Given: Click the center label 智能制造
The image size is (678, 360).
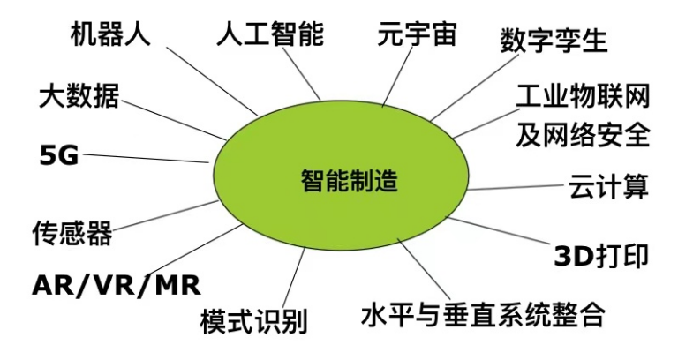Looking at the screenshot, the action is [349, 183].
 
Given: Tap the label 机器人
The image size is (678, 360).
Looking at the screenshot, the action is [111, 34].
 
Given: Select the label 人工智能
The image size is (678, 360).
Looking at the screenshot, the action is [270, 34].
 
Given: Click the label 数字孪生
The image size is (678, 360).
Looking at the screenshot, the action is [554, 40].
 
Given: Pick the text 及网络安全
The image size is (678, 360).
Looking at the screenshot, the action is [583, 134].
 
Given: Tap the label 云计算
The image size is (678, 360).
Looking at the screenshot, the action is [609, 187].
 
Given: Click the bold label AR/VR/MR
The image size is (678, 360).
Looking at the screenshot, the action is [116, 285].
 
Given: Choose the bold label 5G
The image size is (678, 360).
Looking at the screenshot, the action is [59, 157].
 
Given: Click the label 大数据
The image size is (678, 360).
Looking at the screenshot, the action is [79, 95].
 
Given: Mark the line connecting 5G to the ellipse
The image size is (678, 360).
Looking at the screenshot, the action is [146, 159].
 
